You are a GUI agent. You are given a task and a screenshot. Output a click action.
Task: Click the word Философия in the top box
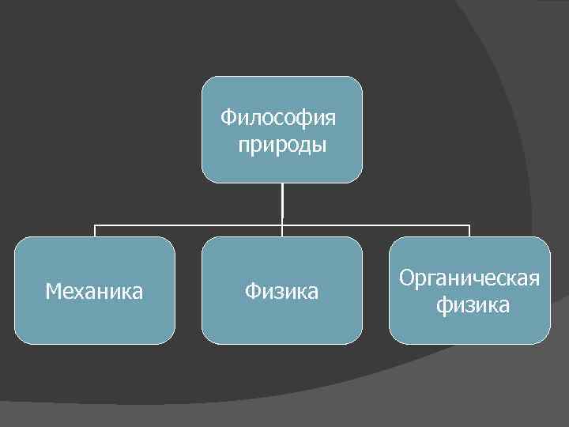278,119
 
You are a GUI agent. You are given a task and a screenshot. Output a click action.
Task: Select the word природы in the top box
282,145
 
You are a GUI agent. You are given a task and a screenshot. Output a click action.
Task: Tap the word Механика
94,292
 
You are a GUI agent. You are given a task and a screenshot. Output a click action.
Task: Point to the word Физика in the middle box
281,292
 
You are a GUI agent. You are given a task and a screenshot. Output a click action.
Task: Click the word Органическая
469,278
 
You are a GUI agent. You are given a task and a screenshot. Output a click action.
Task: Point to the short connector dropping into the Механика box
95,231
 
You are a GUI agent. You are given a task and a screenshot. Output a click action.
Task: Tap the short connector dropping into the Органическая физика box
469,231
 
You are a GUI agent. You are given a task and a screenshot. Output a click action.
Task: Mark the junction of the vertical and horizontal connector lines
282,225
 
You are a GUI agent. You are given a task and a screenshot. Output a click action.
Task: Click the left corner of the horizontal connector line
95,225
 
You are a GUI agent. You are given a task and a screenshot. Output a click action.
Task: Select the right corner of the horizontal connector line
469,225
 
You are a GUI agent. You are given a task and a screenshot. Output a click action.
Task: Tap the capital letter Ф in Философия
228,119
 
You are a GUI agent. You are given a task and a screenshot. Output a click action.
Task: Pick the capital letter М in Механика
53,292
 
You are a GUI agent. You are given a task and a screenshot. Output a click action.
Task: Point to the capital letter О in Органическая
406,278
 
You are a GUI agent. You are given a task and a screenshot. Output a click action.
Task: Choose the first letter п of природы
242,146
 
